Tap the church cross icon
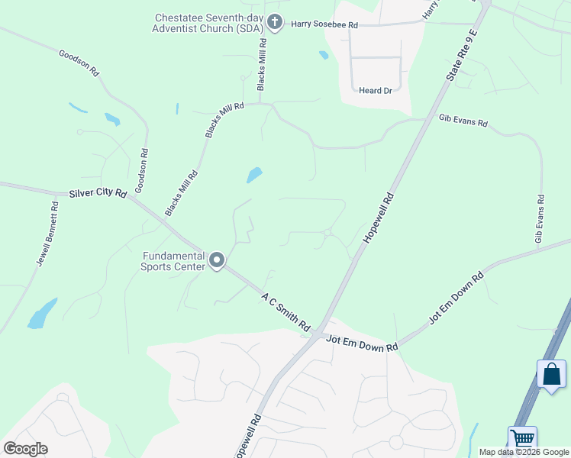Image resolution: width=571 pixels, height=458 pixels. coord(275,23)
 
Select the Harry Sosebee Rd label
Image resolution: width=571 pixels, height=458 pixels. coord(324,24)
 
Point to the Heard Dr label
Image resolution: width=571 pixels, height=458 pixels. coord(375,90)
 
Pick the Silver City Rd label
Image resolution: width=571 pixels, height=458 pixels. coord(97,194)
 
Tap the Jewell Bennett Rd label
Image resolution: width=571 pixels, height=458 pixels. coord(48,234)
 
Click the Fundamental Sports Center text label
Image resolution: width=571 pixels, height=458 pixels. coord(173,261)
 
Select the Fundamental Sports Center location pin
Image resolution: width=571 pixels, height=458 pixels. coord(217,261)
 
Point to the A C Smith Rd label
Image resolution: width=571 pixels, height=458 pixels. coord(287,311)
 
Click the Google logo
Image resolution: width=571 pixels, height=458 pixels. coord(25,448)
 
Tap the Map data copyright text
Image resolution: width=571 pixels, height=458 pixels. coord(524,452)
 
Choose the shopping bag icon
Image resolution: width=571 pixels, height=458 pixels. coord(551,374)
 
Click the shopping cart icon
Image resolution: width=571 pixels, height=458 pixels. coord(523,439)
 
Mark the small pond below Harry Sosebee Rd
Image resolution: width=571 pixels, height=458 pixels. coord(324,55)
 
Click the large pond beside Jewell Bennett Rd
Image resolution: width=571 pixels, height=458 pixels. coord(43,314)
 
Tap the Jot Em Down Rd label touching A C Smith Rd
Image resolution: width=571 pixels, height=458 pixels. coord(362,346)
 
